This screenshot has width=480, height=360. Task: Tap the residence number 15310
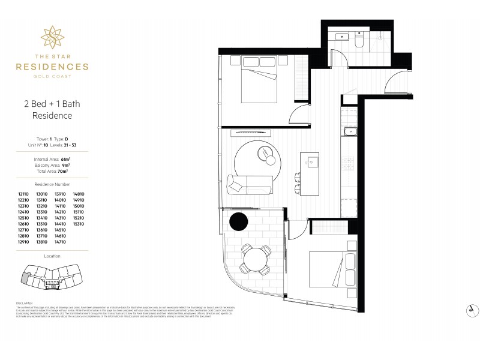79,224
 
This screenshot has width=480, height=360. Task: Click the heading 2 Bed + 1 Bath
52,104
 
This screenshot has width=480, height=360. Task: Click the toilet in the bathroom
358,40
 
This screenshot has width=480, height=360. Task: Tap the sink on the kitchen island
312,161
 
